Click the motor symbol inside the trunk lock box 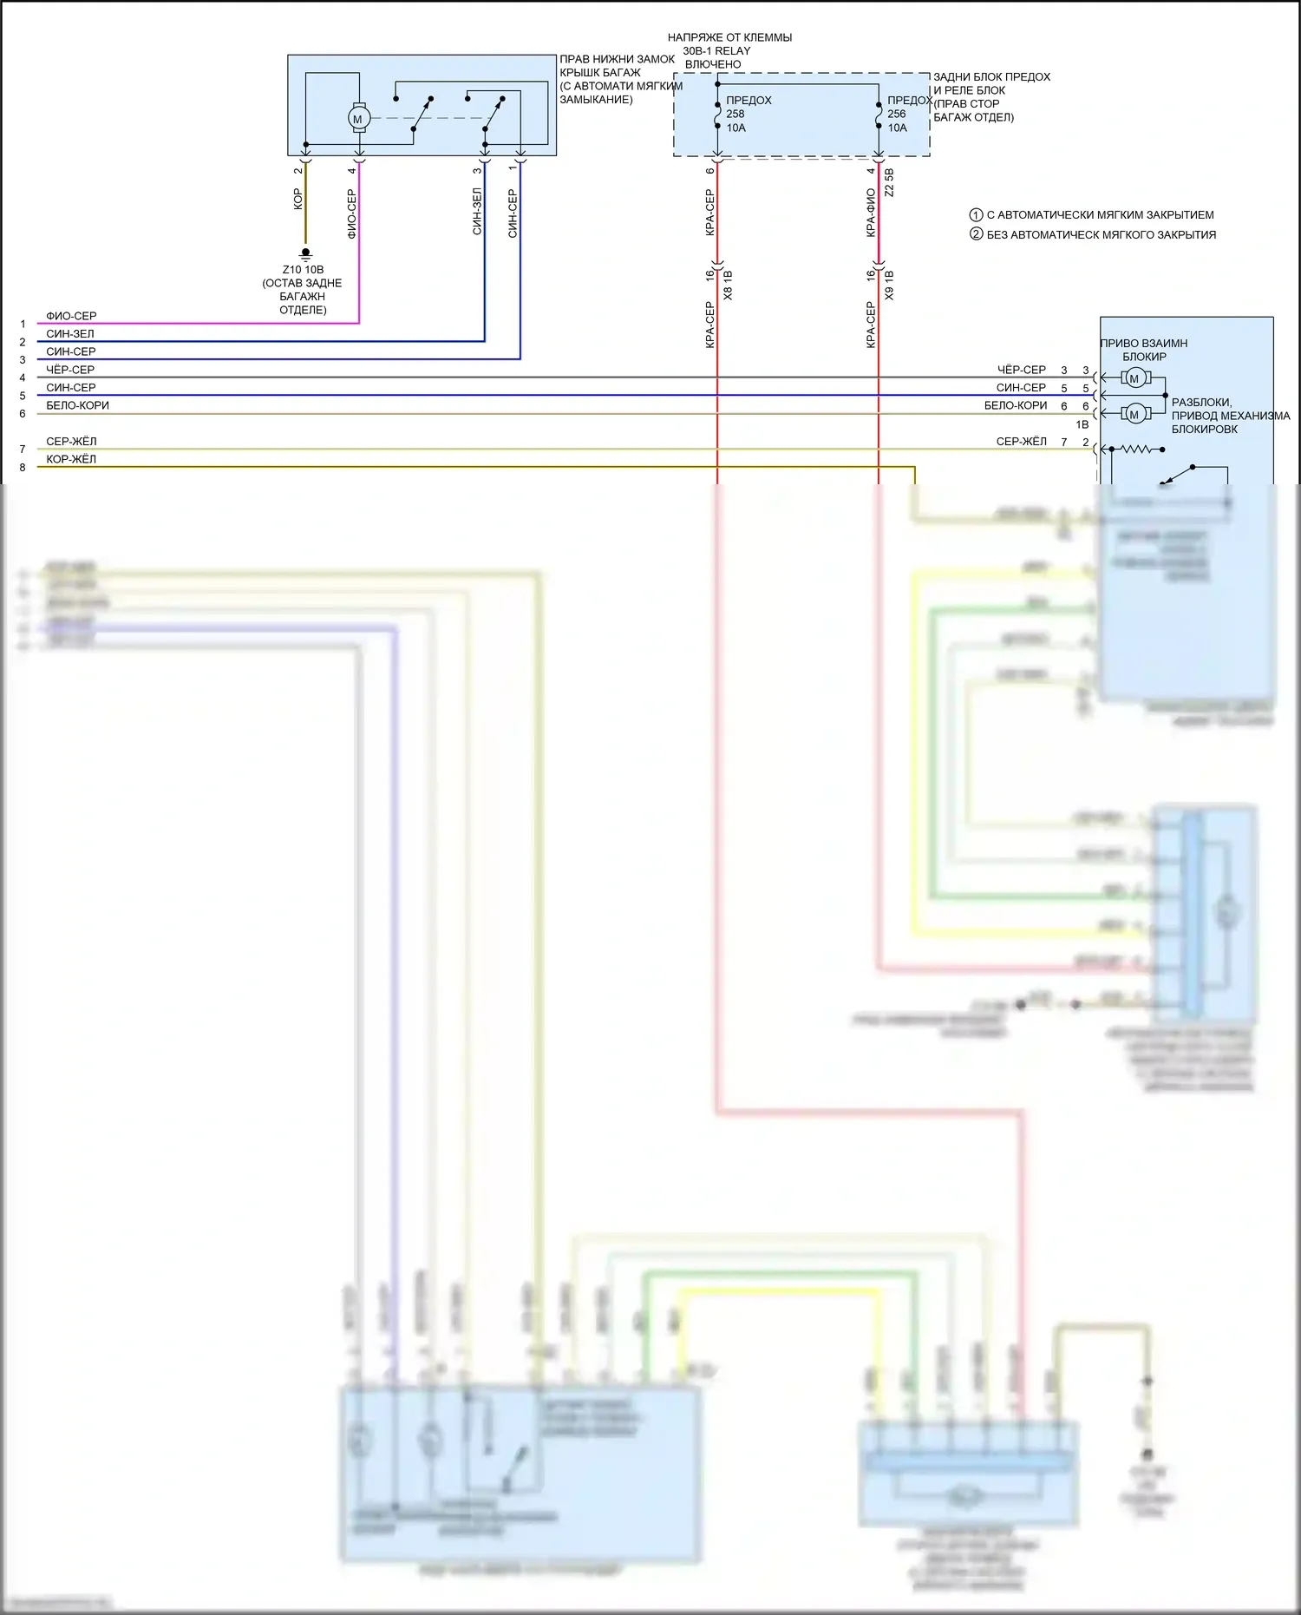[x=357, y=118]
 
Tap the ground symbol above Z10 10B [x=305, y=253]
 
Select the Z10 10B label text [x=303, y=270]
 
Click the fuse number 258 [x=735, y=114]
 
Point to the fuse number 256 [x=897, y=114]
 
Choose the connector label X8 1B [x=728, y=286]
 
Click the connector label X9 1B [x=889, y=286]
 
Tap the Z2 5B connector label [x=889, y=182]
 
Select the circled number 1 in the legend [x=976, y=215]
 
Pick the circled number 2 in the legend [x=976, y=234]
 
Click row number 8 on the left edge [x=23, y=468]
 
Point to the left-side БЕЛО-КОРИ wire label [x=77, y=405]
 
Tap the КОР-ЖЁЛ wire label [x=71, y=459]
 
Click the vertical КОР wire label [x=297, y=200]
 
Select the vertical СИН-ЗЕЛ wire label [x=477, y=212]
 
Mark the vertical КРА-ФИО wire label [x=871, y=213]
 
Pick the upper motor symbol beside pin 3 [x=1134, y=378]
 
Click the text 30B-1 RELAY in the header [x=716, y=51]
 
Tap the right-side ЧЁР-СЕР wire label [x=1021, y=370]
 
